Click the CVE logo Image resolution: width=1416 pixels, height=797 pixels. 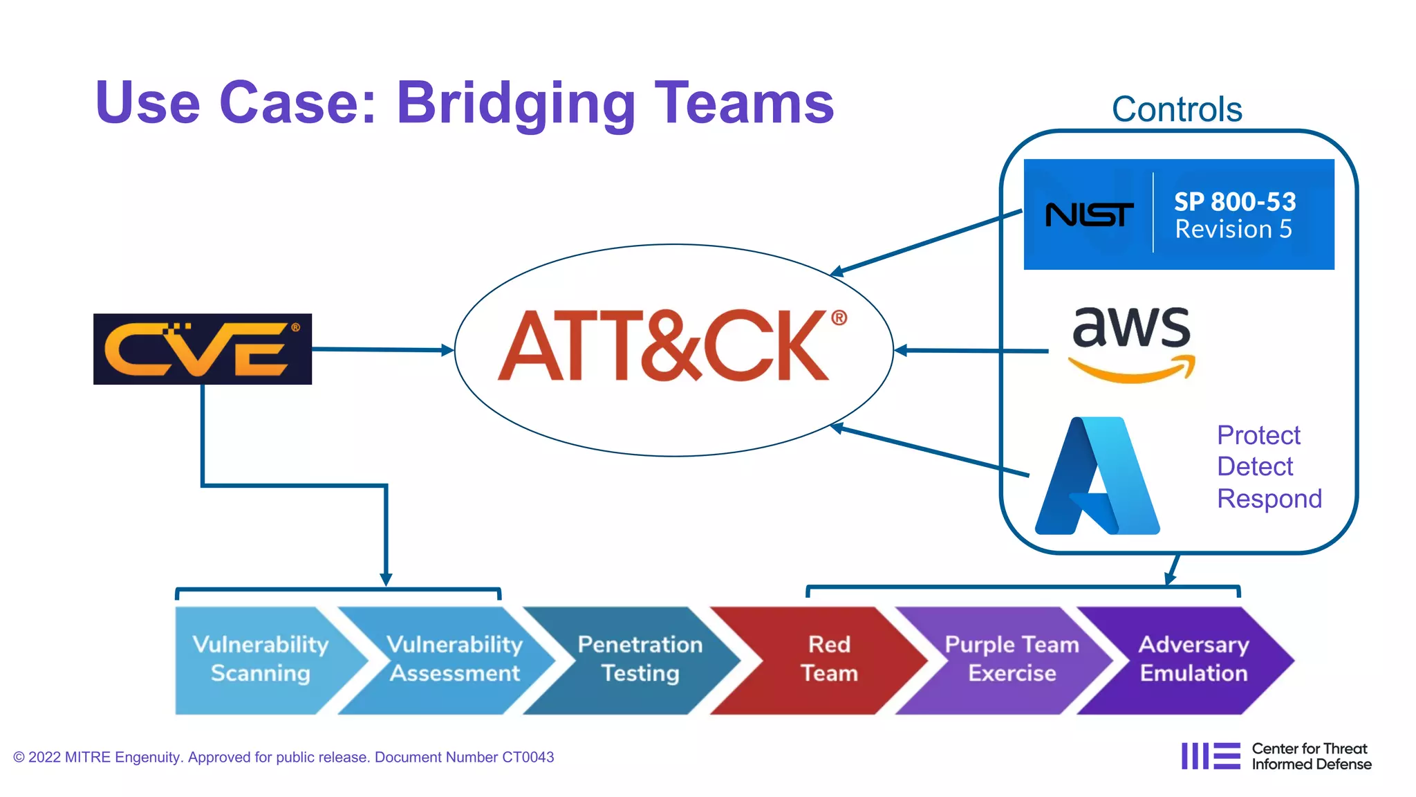coord(203,349)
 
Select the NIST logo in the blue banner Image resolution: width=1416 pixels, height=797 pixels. coord(1089,214)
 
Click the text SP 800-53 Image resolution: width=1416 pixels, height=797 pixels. coord(1235,201)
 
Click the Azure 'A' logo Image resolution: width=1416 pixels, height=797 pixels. coord(1097,476)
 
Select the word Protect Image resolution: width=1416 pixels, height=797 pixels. coord(1258,435)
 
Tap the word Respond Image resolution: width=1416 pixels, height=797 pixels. coord(1269,498)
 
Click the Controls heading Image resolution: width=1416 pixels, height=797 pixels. coord(1177,109)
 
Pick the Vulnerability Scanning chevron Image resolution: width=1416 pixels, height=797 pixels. coord(261,659)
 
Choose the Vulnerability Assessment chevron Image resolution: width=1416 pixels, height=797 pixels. coord(454,659)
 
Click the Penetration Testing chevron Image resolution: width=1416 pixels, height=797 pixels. coord(640,659)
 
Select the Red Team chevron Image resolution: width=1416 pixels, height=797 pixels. coord(829,659)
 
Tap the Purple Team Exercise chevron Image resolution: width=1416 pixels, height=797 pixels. coord(1012,659)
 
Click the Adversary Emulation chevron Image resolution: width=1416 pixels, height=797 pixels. coord(1194,659)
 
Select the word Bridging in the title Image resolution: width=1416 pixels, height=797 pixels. coord(515,104)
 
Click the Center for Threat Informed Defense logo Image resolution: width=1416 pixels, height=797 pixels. coord(1276,756)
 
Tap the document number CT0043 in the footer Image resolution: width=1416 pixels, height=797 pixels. coord(528,757)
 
